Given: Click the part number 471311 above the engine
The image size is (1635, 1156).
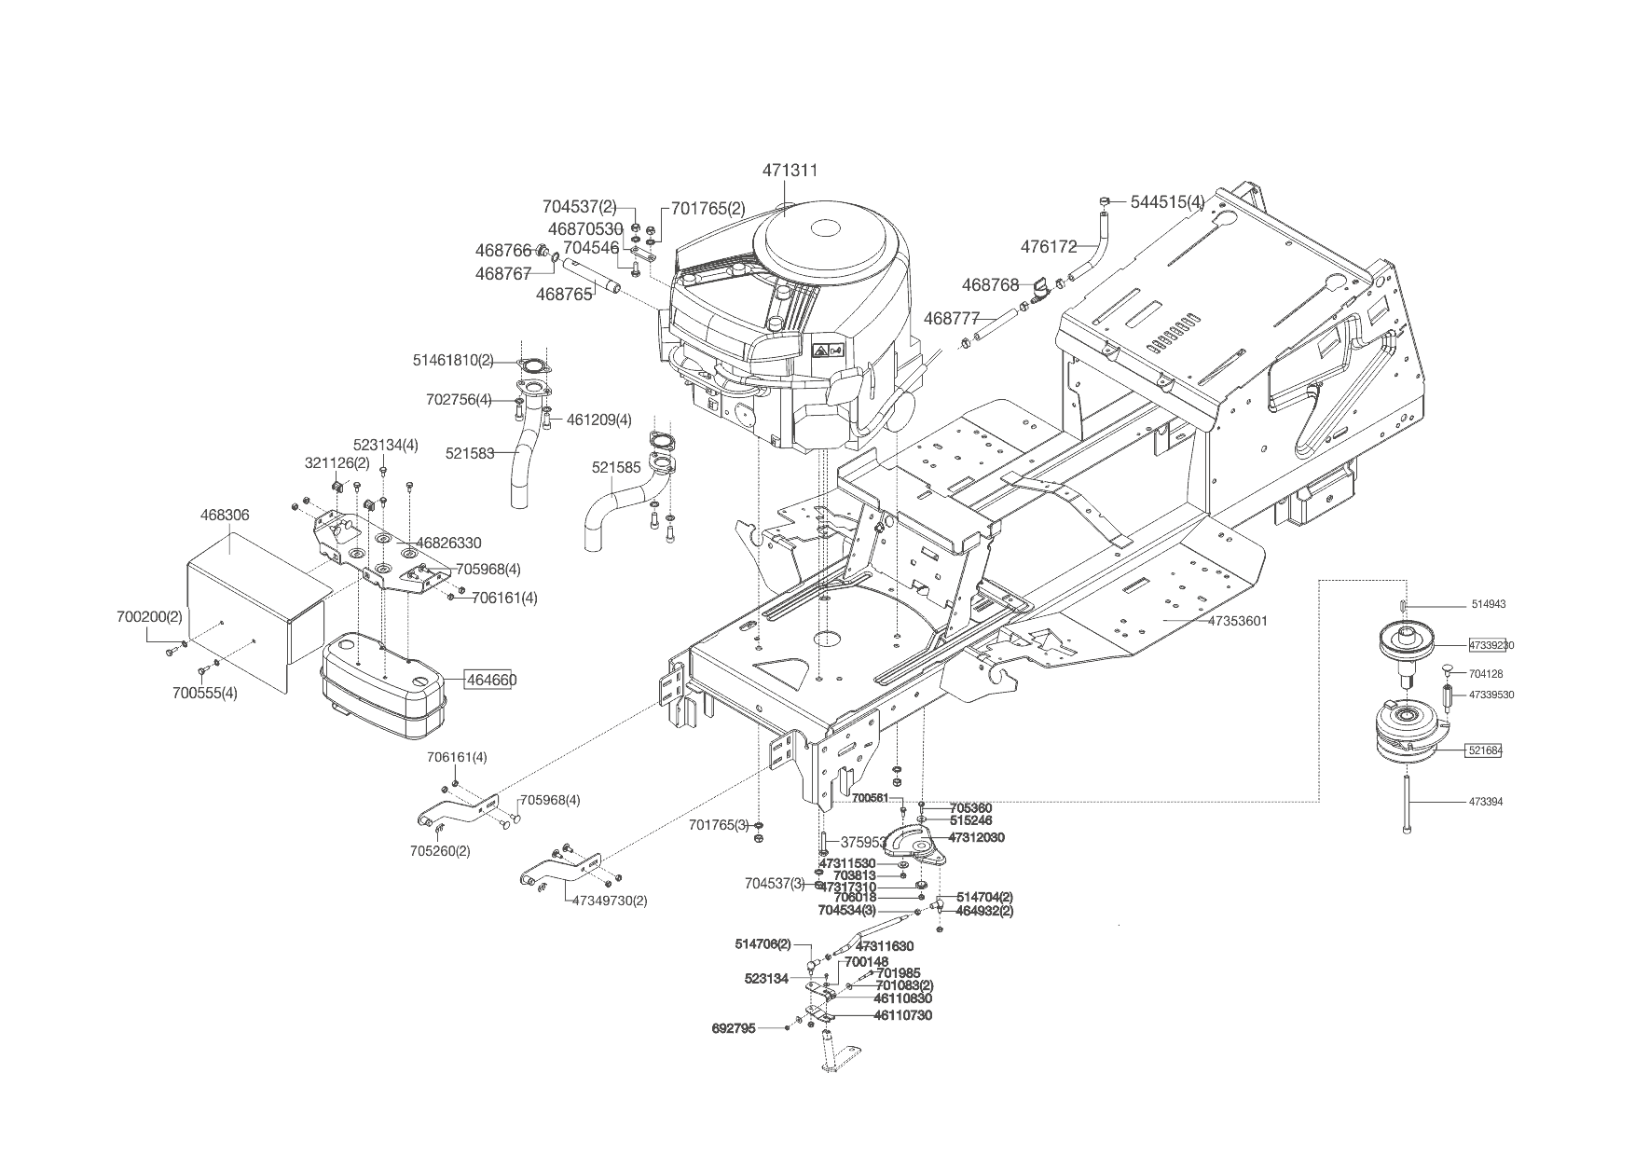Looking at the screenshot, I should [x=790, y=171].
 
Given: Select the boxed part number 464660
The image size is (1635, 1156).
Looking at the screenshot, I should [x=491, y=681].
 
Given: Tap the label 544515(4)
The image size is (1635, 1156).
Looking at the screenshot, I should [x=1167, y=201].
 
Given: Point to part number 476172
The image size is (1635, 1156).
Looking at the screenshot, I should [x=1049, y=247].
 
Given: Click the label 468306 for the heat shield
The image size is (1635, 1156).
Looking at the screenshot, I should [x=225, y=515].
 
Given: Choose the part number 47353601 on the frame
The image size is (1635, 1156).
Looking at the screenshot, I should [x=1238, y=621].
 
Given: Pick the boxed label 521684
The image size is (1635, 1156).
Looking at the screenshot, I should [x=1485, y=750].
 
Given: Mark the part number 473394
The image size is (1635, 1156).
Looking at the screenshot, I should [x=1486, y=802].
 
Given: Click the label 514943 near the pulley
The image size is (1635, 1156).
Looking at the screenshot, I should [x=1488, y=604].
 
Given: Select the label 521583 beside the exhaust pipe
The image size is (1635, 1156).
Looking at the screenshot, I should [x=470, y=453].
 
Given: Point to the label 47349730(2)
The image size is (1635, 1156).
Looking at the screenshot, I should [x=610, y=901].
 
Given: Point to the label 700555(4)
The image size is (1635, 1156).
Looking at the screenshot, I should [x=204, y=693].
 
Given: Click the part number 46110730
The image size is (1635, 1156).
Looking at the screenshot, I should [x=902, y=1015].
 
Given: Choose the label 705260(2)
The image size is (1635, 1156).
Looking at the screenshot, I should [x=440, y=850].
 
